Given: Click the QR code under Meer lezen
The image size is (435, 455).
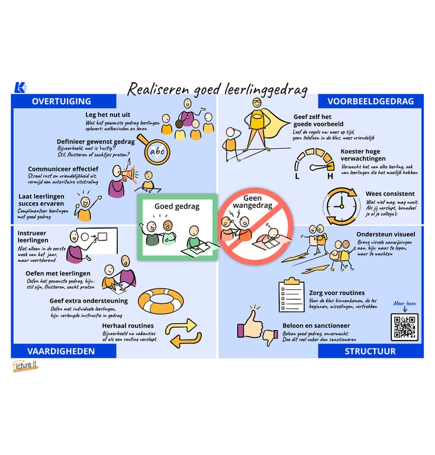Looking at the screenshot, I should click(x=404, y=326).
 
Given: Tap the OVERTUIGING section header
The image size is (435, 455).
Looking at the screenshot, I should click(x=62, y=101).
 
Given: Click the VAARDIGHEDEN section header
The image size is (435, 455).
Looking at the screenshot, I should click(x=61, y=351).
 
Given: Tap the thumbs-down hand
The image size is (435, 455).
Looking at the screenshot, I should click(x=270, y=337).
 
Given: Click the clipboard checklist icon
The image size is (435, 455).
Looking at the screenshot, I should click(x=291, y=294).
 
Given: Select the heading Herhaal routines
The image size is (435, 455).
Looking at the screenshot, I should click(x=128, y=325).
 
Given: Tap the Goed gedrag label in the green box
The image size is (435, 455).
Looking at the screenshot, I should click(x=177, y=206).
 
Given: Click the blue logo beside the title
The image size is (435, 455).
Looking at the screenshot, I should click(x=20, y=88).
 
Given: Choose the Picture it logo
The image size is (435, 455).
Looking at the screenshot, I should click(x=25, y=367).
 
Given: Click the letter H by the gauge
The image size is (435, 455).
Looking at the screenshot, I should click(x=330, y=176).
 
